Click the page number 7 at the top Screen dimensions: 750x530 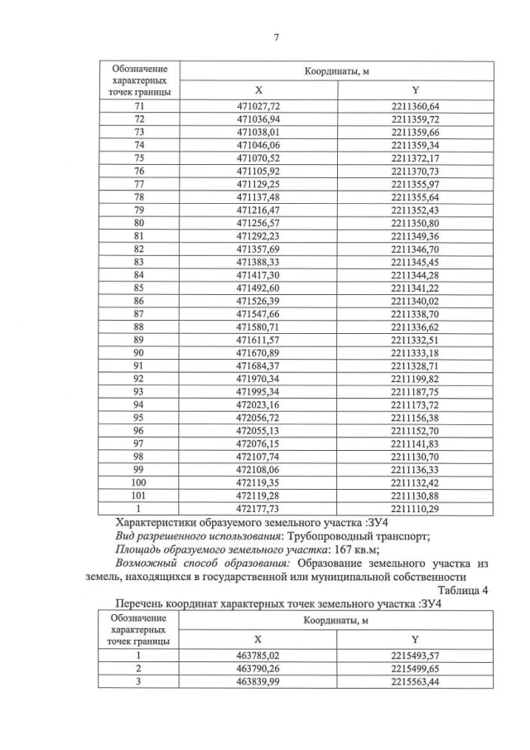276,37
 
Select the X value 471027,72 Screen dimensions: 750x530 259,107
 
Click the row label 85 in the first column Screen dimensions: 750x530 139,288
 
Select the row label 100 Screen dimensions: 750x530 139,481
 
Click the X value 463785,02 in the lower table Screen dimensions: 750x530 259,655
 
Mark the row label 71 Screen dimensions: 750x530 139,107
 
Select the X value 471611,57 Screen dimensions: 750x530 259,339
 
